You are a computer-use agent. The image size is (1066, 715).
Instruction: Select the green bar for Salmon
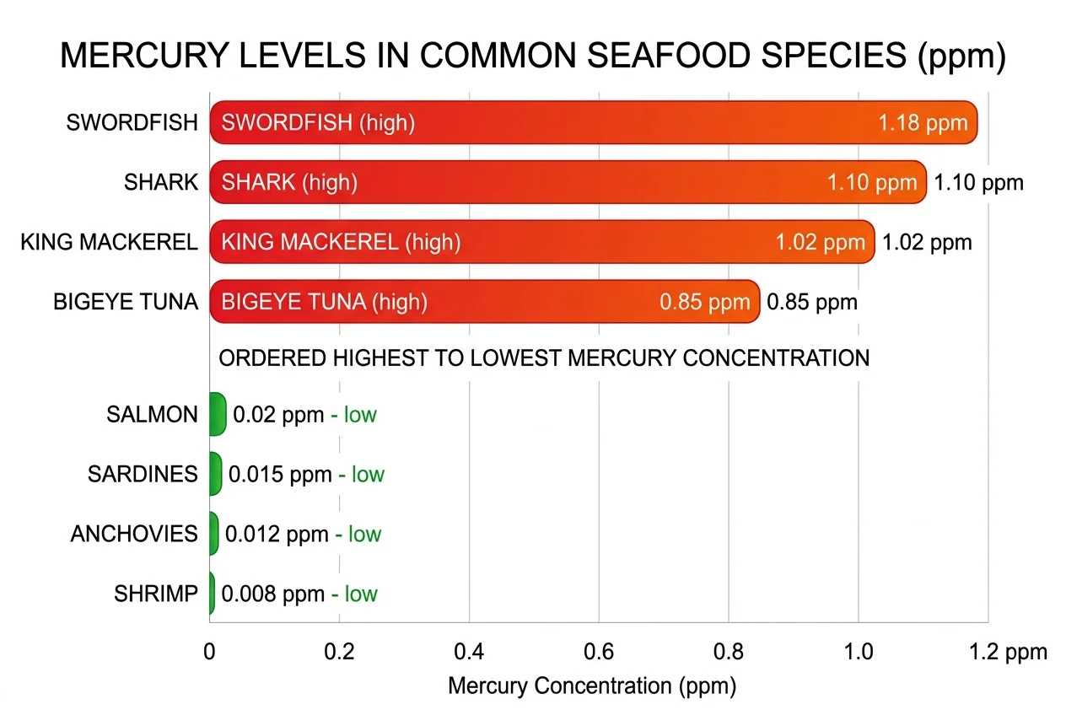(218, 414)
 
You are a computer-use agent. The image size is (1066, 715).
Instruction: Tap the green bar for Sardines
(216, 474)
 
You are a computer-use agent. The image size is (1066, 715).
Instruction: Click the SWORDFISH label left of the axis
(132, 123)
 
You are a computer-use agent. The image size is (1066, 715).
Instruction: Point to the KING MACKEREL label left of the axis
(110, 243)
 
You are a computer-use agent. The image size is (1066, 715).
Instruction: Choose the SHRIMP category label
(156, 594)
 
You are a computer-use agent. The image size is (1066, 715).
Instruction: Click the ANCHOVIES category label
(134, 534)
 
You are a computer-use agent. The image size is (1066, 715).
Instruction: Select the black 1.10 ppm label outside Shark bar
(978, 183)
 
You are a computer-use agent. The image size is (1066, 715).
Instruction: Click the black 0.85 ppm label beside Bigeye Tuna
(811, 302)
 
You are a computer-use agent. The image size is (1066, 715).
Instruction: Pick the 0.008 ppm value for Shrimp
(272, 594)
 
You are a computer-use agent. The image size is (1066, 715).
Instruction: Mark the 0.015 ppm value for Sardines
(280, 474)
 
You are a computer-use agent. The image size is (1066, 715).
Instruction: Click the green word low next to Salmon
(360, 415)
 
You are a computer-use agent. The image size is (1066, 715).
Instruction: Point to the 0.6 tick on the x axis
(598, 652)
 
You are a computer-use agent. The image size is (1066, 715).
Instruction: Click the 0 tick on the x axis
(210, 652)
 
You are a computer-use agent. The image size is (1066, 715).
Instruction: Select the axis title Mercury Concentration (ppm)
(592, 685)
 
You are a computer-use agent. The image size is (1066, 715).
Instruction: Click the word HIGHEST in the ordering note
(380, 358)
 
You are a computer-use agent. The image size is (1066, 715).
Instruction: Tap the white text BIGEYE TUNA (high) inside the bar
(324, 302)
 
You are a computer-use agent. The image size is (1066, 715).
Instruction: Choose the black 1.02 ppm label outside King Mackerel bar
(927, 243)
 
